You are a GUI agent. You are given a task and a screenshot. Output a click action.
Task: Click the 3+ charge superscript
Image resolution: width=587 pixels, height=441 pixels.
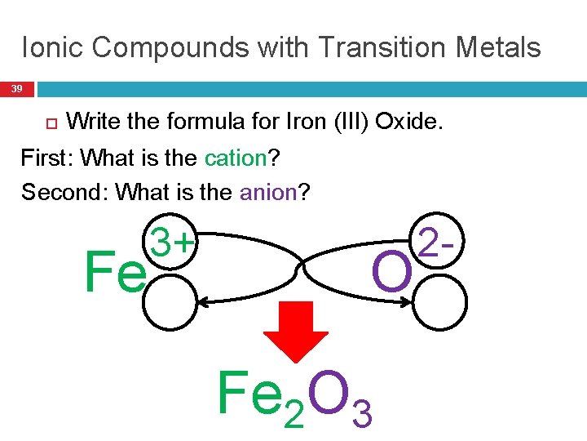(x=174, y=243)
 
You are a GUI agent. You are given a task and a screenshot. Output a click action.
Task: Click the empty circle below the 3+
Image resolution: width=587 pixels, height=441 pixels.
(x=171, y=302)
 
